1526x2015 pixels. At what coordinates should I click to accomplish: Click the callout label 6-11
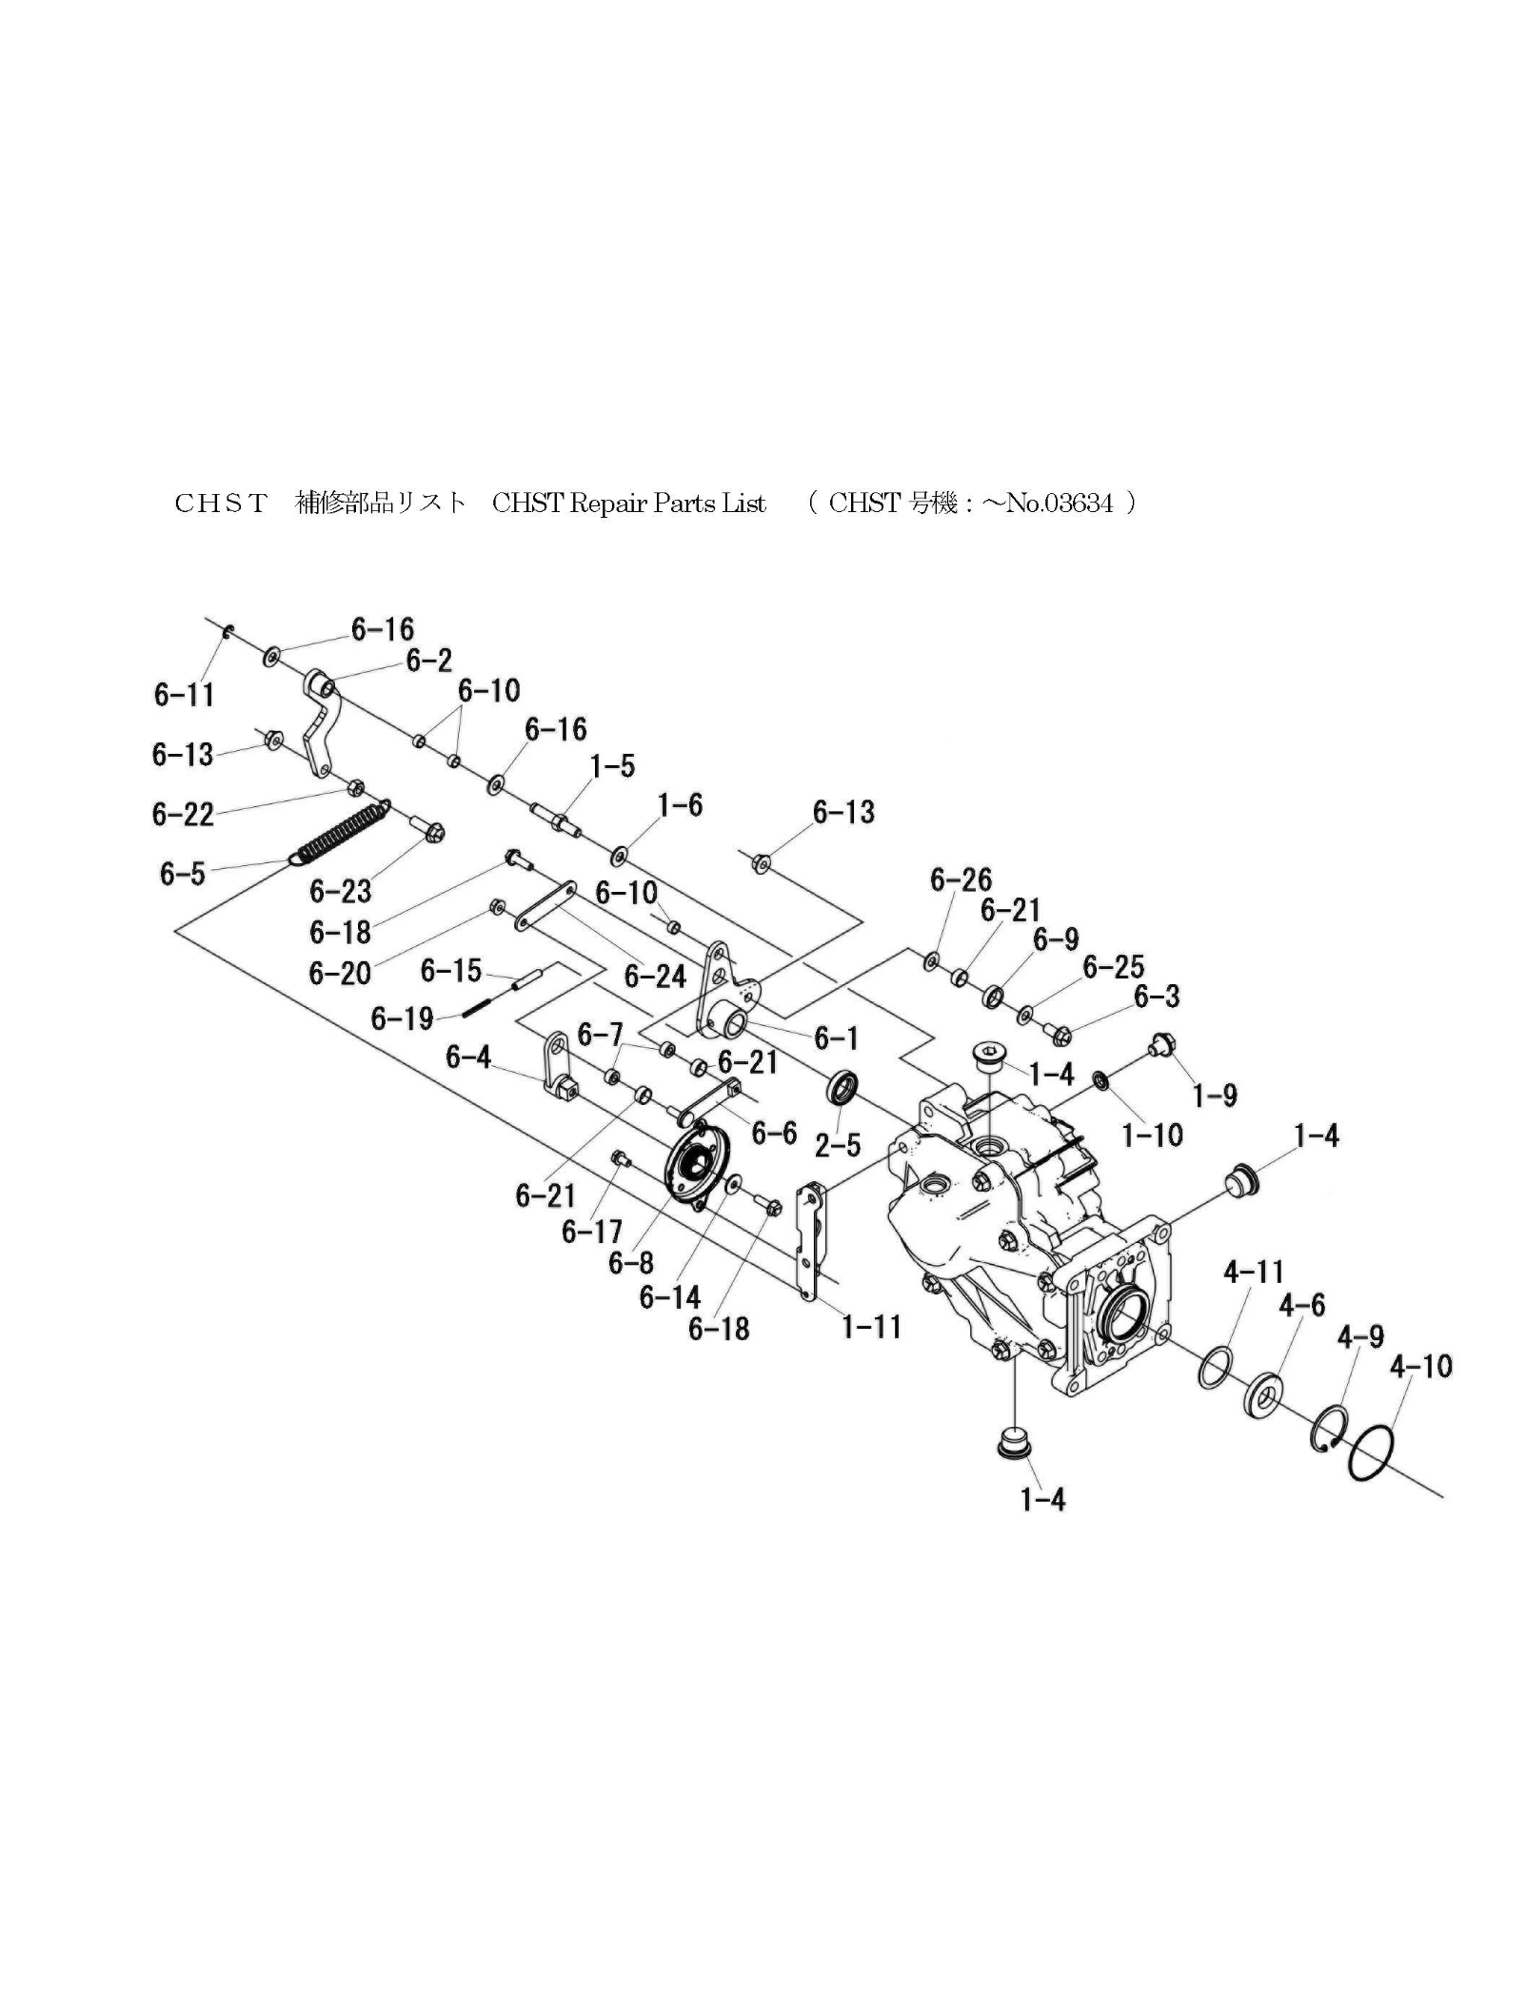(x=184, y=695)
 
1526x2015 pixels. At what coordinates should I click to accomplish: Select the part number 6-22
(x=183, y=814)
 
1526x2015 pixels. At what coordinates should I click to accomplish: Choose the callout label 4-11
(x=1253, y=1272)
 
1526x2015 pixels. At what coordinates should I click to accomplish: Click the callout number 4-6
(x=1301, y=1305)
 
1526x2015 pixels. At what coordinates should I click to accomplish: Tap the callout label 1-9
(x=1215, y=1096)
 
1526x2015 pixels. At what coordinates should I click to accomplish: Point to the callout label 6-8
(x=631, y=1263)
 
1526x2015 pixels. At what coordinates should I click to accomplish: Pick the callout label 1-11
(x=871, y=1327)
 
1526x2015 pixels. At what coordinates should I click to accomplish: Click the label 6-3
(x=1157, y=997)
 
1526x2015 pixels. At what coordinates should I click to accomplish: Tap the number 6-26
(x=961, y=879)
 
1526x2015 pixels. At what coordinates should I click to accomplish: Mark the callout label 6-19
(x=402, y=1019)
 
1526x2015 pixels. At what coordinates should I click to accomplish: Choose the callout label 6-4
(x=468, y=1057)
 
